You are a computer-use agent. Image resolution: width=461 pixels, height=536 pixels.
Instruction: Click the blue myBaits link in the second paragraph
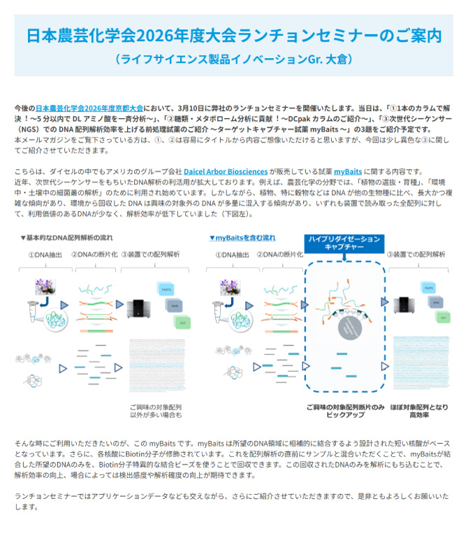pyautogui.click(x=347, y=151)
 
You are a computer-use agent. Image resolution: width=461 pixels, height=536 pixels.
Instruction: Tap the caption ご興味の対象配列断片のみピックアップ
pyautogui.click(x=346, y=410)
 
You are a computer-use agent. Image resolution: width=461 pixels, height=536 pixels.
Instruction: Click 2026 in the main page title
pyautogui.click(x=161, y=35)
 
